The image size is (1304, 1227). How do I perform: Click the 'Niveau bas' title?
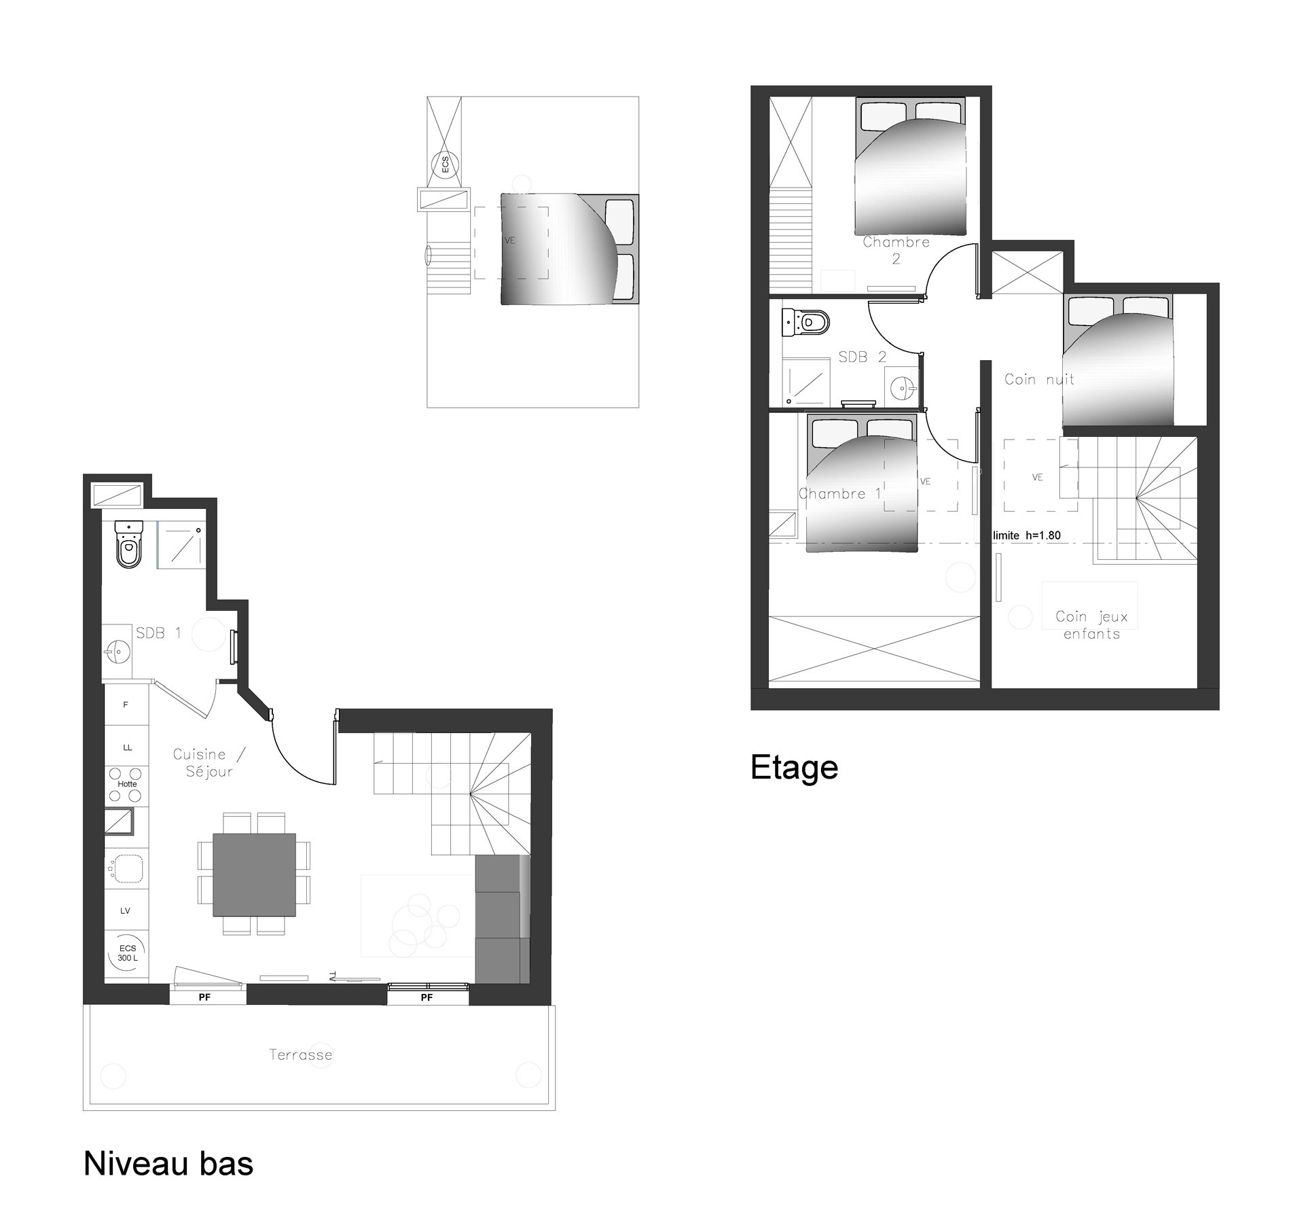coord(168,1163)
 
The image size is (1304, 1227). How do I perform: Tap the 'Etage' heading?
coord(794,768)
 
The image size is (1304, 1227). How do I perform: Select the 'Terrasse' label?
coord(301,1054)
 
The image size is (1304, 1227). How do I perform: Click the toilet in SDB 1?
coord(129,544)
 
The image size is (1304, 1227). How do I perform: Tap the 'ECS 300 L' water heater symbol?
coord(128,953)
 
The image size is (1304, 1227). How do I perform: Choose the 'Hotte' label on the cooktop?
coord(127,783)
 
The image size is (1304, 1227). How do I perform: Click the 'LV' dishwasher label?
coord(125,911)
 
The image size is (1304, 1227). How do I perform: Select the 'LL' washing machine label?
coord(127,747)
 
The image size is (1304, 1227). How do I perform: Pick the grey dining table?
coord(254,874)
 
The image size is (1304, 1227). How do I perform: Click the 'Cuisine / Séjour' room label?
coord(209,763)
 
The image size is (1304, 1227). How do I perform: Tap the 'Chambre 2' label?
coord(896,250)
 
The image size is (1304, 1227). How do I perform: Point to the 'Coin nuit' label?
coord(1039,379)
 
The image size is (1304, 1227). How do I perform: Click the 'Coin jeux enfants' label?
coord(1091,625)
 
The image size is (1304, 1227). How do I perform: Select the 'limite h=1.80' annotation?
coord(1026,535)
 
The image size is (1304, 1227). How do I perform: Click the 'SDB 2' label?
coord(862,357)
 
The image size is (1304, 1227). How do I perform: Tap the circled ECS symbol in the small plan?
coord(444,164)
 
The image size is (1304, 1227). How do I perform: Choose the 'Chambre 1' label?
coord(839,493)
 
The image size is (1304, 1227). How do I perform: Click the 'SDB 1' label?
coord(158,633)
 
